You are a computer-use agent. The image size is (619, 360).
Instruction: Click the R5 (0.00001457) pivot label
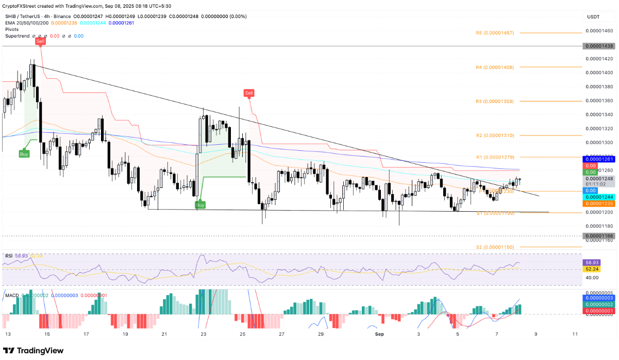[x=494, y=33]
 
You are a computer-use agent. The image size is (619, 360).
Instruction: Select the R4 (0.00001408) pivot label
[x=494, y=67]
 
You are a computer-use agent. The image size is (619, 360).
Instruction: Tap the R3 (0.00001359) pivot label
[x=494, y=101]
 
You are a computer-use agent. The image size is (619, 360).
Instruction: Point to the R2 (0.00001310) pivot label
[x=494, y=135]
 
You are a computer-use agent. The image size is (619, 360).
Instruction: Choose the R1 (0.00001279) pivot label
[x=494, y=157]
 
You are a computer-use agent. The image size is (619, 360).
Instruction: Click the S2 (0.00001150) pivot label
[x=494, y=247]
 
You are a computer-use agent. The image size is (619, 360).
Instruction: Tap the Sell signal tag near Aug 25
[x=249, y=93]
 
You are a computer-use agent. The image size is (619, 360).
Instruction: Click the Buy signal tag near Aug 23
[x=200, y=205]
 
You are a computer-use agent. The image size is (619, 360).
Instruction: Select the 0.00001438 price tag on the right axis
[x=598, y=46]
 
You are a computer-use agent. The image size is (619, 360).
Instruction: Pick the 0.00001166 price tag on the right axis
[x=598, y=236]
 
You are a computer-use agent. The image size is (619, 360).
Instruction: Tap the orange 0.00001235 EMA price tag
[x=598, y=203]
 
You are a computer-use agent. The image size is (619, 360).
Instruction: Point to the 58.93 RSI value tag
[x=591, y=262]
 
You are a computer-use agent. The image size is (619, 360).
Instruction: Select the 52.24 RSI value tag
[x=591, y=269]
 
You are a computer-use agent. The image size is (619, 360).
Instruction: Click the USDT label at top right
[x=593, y=17]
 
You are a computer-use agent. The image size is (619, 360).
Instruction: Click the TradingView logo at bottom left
[x=33, y=351]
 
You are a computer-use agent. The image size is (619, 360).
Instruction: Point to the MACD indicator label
[x=11, y=296]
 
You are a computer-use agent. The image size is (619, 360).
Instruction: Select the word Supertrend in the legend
[x=18, y=36]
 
